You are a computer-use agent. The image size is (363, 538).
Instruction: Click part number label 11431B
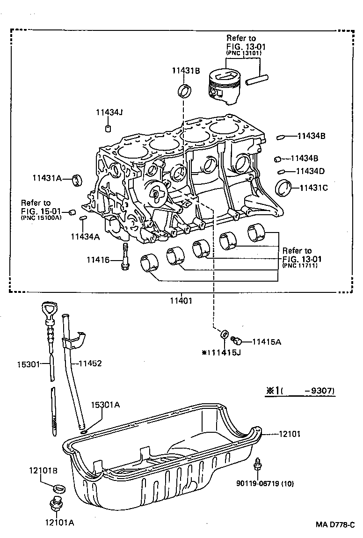tap(186, 71)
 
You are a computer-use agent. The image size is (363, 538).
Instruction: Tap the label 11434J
tap(109, 112)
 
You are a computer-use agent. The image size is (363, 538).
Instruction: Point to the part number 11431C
tap(313, 188)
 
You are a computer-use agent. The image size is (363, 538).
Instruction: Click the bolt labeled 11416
tap(126, 258)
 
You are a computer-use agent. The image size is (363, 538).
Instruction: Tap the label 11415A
tap(267, 342)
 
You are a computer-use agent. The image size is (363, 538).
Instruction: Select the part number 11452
tap(89, 363)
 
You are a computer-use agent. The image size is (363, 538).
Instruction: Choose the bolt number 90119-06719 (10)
tap(265, 483)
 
